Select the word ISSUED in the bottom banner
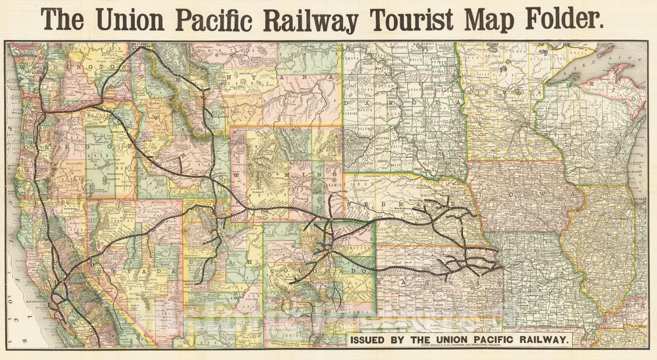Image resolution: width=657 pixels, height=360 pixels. pos(367,340)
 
